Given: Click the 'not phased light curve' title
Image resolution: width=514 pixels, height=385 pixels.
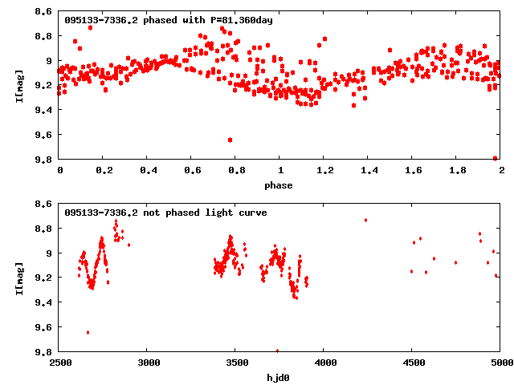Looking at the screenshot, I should [x=165, y=213].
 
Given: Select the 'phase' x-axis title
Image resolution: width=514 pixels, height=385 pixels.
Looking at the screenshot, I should [x=280, y=185].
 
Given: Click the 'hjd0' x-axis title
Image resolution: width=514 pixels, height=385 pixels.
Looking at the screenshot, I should [x=280, y=376].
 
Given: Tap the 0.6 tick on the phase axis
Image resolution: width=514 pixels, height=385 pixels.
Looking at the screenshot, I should [x=191, y=171].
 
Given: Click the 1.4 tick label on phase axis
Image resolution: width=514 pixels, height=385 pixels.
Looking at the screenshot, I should [x=369, y=171].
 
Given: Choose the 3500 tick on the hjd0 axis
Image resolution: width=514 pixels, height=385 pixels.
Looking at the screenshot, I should [x=236, y=363].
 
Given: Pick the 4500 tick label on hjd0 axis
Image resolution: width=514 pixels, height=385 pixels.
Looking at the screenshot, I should [x=412, y=363].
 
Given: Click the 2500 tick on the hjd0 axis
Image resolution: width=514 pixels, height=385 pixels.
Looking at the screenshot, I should [x=59, y=363].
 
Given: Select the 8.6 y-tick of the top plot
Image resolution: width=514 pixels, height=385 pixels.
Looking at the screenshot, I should [x=44, y=12].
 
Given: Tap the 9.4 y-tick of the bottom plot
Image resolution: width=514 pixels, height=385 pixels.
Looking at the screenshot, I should [x=44, y=302].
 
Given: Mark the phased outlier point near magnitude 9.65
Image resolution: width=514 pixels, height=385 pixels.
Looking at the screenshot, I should [x=230, y=140].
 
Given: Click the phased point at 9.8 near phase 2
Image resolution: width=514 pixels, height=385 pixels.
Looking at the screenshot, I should [x=496, y=158].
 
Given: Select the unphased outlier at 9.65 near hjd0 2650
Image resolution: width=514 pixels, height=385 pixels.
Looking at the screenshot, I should [x=88, y=332].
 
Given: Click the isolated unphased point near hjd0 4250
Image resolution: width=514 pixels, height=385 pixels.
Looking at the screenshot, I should [x=365, y=220].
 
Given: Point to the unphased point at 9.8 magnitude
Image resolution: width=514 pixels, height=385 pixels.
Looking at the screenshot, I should [x=277, y=351].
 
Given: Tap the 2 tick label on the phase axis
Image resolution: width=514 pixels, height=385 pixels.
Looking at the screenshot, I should [x=501, y=171].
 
